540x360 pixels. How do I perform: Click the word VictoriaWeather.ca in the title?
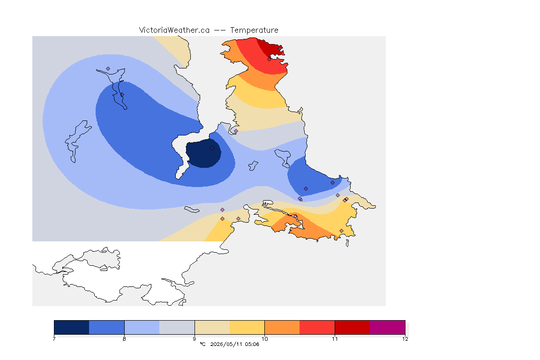tap(174, 30)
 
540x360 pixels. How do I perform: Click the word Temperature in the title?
tap(254, 30)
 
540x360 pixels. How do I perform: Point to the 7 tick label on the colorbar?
tap(54, 339)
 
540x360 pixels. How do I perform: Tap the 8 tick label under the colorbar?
tap(124, 339)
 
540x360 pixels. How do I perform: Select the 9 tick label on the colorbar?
tap(195, 339)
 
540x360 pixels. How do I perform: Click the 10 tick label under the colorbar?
tap(264, 339)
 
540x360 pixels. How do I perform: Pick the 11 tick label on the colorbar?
tap(335, 339)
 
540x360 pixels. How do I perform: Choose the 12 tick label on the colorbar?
tap(405, 339)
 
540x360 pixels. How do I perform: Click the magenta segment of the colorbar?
tap(388, 327)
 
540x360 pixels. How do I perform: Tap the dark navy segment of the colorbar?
tap(72, 327)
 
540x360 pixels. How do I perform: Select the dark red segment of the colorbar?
tap(352, 327)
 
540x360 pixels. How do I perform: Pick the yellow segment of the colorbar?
tap(247, 327)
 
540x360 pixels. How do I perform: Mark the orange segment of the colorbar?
tap(282, 327)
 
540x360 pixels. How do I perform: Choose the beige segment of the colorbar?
tap(212, 327)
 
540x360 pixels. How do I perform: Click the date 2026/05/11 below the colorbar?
tap(226, 344)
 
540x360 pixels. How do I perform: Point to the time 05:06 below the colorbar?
tap(252, 344)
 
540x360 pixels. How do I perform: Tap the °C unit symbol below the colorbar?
tap(203, 344)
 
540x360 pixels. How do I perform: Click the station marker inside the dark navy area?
tap(212, 149)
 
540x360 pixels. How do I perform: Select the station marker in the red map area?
tap(270, 59)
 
